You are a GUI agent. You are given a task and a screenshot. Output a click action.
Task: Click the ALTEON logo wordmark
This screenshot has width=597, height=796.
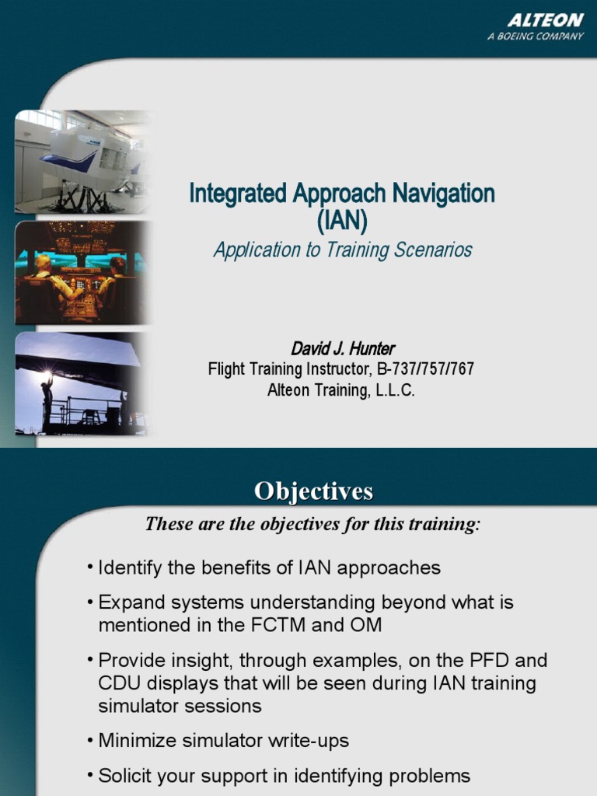click(546, 21)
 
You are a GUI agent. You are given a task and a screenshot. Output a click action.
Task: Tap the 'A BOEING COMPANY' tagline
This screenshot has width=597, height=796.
click(536, 37)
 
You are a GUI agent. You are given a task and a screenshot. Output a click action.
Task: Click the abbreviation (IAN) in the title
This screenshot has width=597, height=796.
click(341, 221)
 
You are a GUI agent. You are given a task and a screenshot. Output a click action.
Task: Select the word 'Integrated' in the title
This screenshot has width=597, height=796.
click(238, 194)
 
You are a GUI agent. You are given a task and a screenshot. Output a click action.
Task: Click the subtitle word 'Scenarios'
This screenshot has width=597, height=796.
click(433, 250)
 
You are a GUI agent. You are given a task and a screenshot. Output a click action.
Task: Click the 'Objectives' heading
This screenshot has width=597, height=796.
click(314, 491)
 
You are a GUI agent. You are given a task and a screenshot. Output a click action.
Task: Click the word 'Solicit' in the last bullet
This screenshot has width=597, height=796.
click(125, 776)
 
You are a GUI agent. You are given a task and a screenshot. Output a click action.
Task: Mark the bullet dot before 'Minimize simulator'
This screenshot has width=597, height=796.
click(91, 741)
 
